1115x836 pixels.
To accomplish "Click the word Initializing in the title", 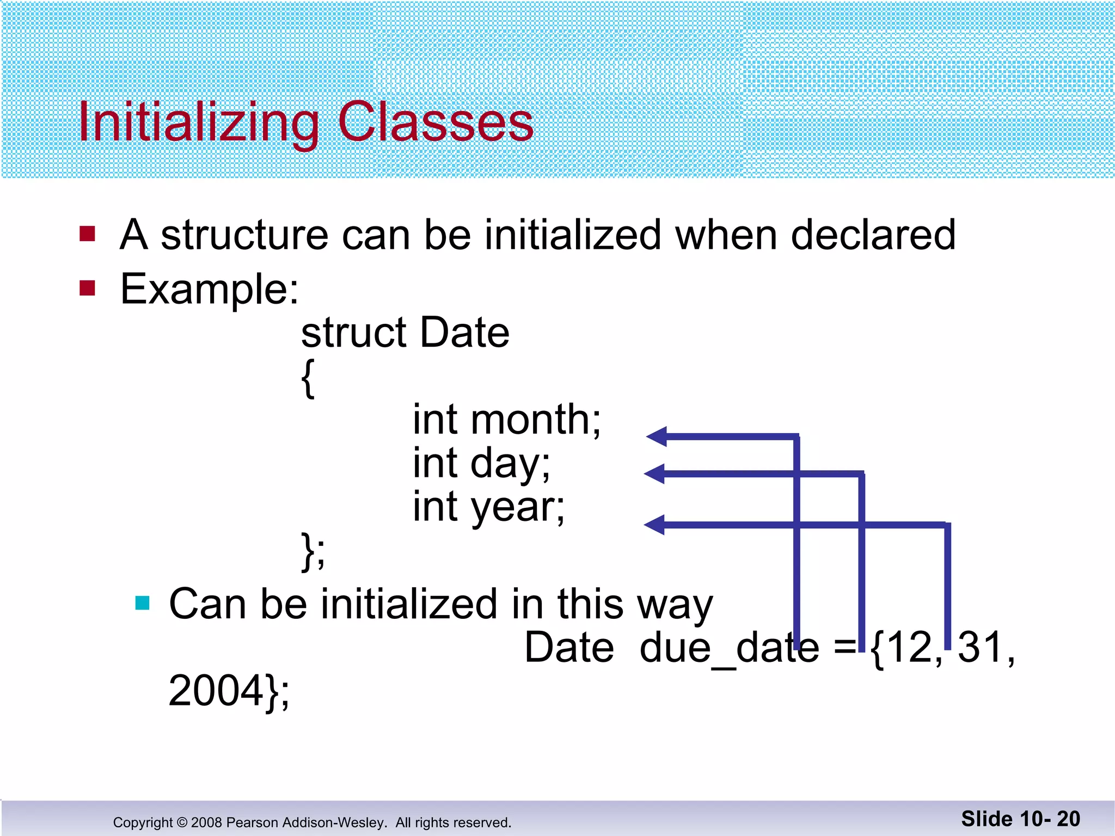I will coord(199,123).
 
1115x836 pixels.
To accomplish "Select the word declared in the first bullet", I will coord(873,235).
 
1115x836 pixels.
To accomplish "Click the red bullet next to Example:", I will coord(87,287).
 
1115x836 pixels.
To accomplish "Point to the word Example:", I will coord(210,290).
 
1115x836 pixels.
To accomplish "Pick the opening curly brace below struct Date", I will coord(308,378).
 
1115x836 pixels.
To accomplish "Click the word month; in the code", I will coord(536,420).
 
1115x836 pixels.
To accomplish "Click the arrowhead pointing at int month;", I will coord(657,437).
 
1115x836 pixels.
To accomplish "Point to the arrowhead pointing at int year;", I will coord(654,525).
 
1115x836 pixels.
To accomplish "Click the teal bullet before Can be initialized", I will coord(143,603).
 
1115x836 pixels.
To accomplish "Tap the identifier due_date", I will coord(730,648).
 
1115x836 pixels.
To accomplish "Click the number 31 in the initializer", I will coord(980,648).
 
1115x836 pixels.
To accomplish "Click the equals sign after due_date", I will coord(844,648).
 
